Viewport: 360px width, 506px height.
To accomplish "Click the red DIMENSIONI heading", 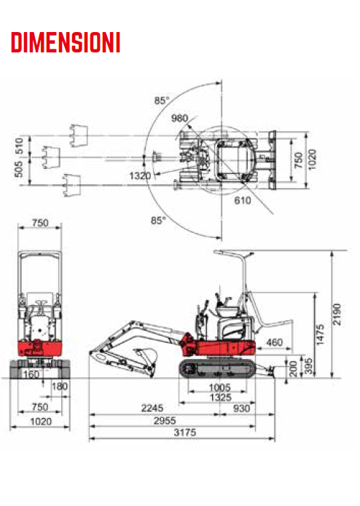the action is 66,42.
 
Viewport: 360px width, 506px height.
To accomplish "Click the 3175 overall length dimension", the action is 185,432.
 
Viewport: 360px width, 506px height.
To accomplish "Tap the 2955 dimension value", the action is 165,421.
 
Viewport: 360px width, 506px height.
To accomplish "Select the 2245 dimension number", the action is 152,408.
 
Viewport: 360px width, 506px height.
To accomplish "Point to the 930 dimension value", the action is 241,408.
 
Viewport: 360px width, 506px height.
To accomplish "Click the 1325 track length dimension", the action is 221,398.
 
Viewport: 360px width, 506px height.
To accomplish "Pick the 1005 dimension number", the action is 219,387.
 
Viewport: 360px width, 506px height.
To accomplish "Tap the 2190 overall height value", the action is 337,314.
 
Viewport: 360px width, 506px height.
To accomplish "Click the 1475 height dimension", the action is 320,335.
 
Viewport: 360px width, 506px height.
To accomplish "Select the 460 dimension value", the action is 274,342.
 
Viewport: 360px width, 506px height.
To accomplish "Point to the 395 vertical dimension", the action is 309,366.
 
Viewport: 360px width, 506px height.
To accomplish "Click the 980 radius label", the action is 179,118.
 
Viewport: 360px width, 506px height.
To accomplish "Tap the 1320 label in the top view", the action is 140,176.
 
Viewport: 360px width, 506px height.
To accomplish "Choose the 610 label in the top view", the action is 243,200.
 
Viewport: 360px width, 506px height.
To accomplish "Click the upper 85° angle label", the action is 162,100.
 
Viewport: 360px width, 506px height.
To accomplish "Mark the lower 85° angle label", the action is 158,221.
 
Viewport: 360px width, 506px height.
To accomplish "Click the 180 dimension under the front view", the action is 60,387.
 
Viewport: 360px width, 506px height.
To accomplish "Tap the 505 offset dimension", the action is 19,169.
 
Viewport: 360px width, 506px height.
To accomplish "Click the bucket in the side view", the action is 146,357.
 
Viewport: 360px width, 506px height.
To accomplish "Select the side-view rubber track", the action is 217,368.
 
